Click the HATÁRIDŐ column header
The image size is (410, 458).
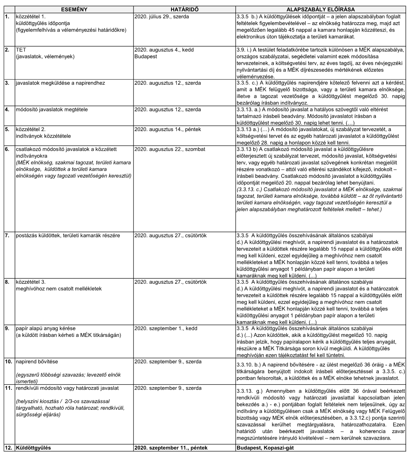184,9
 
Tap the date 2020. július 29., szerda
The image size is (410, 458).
162,17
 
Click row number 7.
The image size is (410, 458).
7,235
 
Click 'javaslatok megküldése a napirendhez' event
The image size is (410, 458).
60,83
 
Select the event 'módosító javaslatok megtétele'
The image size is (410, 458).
52,110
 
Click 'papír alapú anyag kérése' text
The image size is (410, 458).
46,328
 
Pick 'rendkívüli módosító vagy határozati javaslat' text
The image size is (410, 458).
67,388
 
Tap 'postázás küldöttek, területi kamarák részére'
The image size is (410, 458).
68,235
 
